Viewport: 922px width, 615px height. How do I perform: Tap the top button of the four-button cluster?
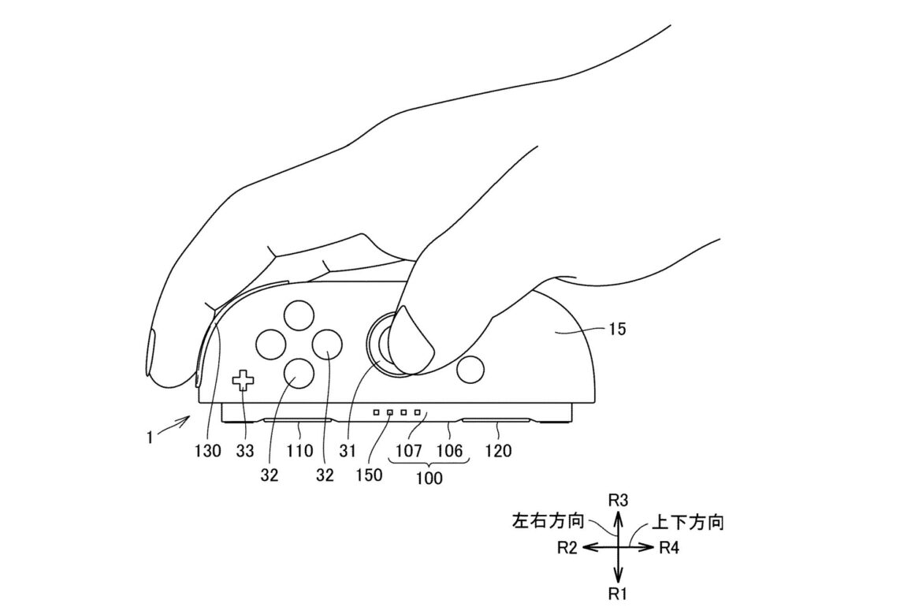(299, 315)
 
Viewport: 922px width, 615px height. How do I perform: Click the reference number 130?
(209, 452)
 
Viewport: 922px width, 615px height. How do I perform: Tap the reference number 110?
(300, 452)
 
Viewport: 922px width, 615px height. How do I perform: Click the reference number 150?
(368, 475)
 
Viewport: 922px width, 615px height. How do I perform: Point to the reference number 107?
(409, 452)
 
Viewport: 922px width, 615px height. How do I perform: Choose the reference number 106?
(449, 452)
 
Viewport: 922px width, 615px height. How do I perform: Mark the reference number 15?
(618, 330)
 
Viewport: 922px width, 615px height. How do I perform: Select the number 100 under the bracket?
(429, 479)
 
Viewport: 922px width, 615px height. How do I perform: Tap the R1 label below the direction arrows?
(619, 594)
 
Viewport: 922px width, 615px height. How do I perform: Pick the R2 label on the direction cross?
(567, 547)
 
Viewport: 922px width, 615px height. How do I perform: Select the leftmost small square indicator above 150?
(377, 412)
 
